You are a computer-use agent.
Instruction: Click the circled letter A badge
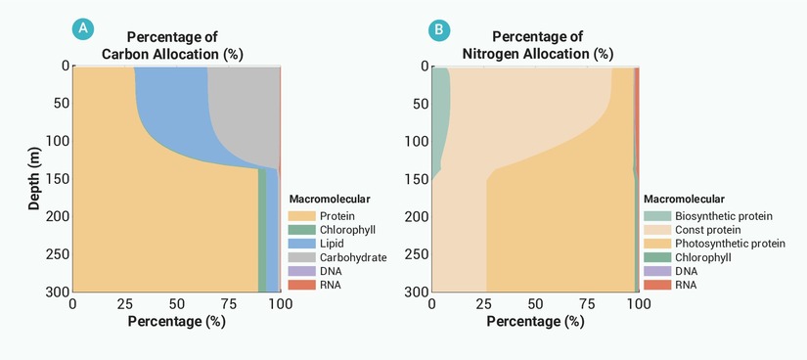83,29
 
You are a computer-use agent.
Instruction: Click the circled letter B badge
439,30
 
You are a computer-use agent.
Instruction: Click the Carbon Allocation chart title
172,45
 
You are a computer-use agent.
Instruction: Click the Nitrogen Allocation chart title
537,45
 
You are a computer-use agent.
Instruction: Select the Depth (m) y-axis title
34,179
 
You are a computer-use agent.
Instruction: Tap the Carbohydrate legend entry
337,257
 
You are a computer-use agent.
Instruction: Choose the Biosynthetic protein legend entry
708,216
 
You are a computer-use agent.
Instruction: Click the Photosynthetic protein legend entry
715,243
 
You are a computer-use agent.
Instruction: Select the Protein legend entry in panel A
322,216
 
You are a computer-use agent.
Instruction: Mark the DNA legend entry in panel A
314,271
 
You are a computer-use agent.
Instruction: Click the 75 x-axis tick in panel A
229,304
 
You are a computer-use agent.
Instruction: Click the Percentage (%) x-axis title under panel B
535,322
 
